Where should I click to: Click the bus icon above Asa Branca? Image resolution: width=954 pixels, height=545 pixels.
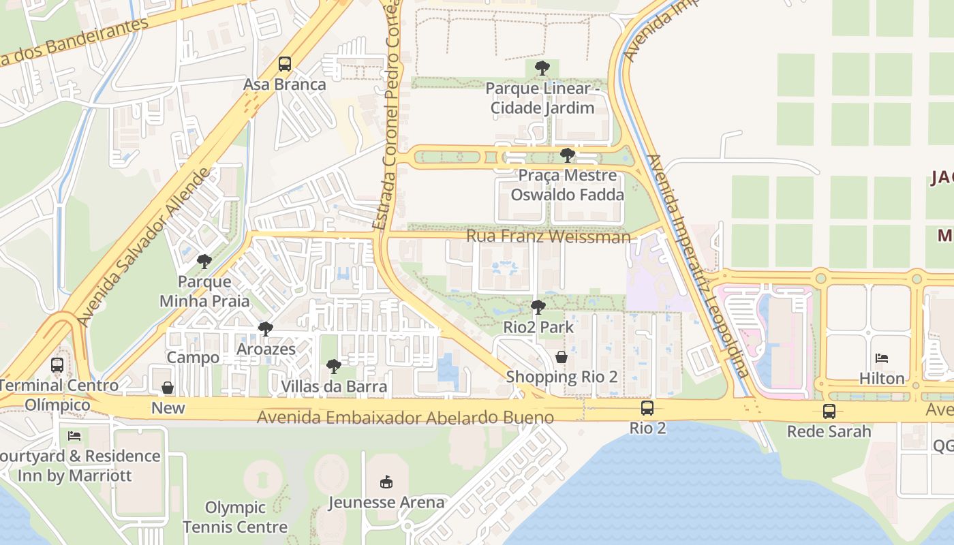click(x=285, y=64)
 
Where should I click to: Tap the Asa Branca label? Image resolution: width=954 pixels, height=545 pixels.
click(x=285, y=85)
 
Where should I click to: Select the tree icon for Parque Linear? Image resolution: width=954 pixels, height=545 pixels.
click(x=542, y=68)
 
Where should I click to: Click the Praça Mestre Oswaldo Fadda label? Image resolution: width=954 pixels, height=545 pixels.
click(x=567, y=185)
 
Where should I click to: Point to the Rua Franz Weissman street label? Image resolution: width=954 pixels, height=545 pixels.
click(x=548, y=237)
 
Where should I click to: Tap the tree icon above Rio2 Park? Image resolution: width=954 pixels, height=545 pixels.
click(x=538, y=307)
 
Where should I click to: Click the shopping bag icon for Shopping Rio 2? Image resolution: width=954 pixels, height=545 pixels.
click(x=561, y=357)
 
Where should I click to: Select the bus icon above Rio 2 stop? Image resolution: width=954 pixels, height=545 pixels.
click(x=647, y=408)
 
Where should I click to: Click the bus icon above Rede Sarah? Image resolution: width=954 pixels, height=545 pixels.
click(x=829, y=411)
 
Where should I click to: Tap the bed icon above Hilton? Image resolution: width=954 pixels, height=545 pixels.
click(x=882, y=358)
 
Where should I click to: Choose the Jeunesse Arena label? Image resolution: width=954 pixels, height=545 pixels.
click(x=386, y=503)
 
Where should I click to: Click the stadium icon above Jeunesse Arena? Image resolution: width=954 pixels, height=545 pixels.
click(x=386, y=482)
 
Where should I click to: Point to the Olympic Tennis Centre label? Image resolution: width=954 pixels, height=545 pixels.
click(x=234, y=517)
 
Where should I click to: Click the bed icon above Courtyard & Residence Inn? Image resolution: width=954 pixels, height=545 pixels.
click(x=74, y=435)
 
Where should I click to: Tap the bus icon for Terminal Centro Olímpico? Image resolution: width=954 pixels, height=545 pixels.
click(x=57, y=365)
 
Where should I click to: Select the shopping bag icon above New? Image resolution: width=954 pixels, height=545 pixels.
click(x=168, y=388)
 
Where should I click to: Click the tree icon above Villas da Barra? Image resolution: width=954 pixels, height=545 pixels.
click(x=334, y=367)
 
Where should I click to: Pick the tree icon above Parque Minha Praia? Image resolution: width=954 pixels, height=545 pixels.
click(x=204, y=261)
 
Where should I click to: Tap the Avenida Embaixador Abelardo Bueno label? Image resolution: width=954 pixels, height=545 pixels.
click(x=405, y=417)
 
